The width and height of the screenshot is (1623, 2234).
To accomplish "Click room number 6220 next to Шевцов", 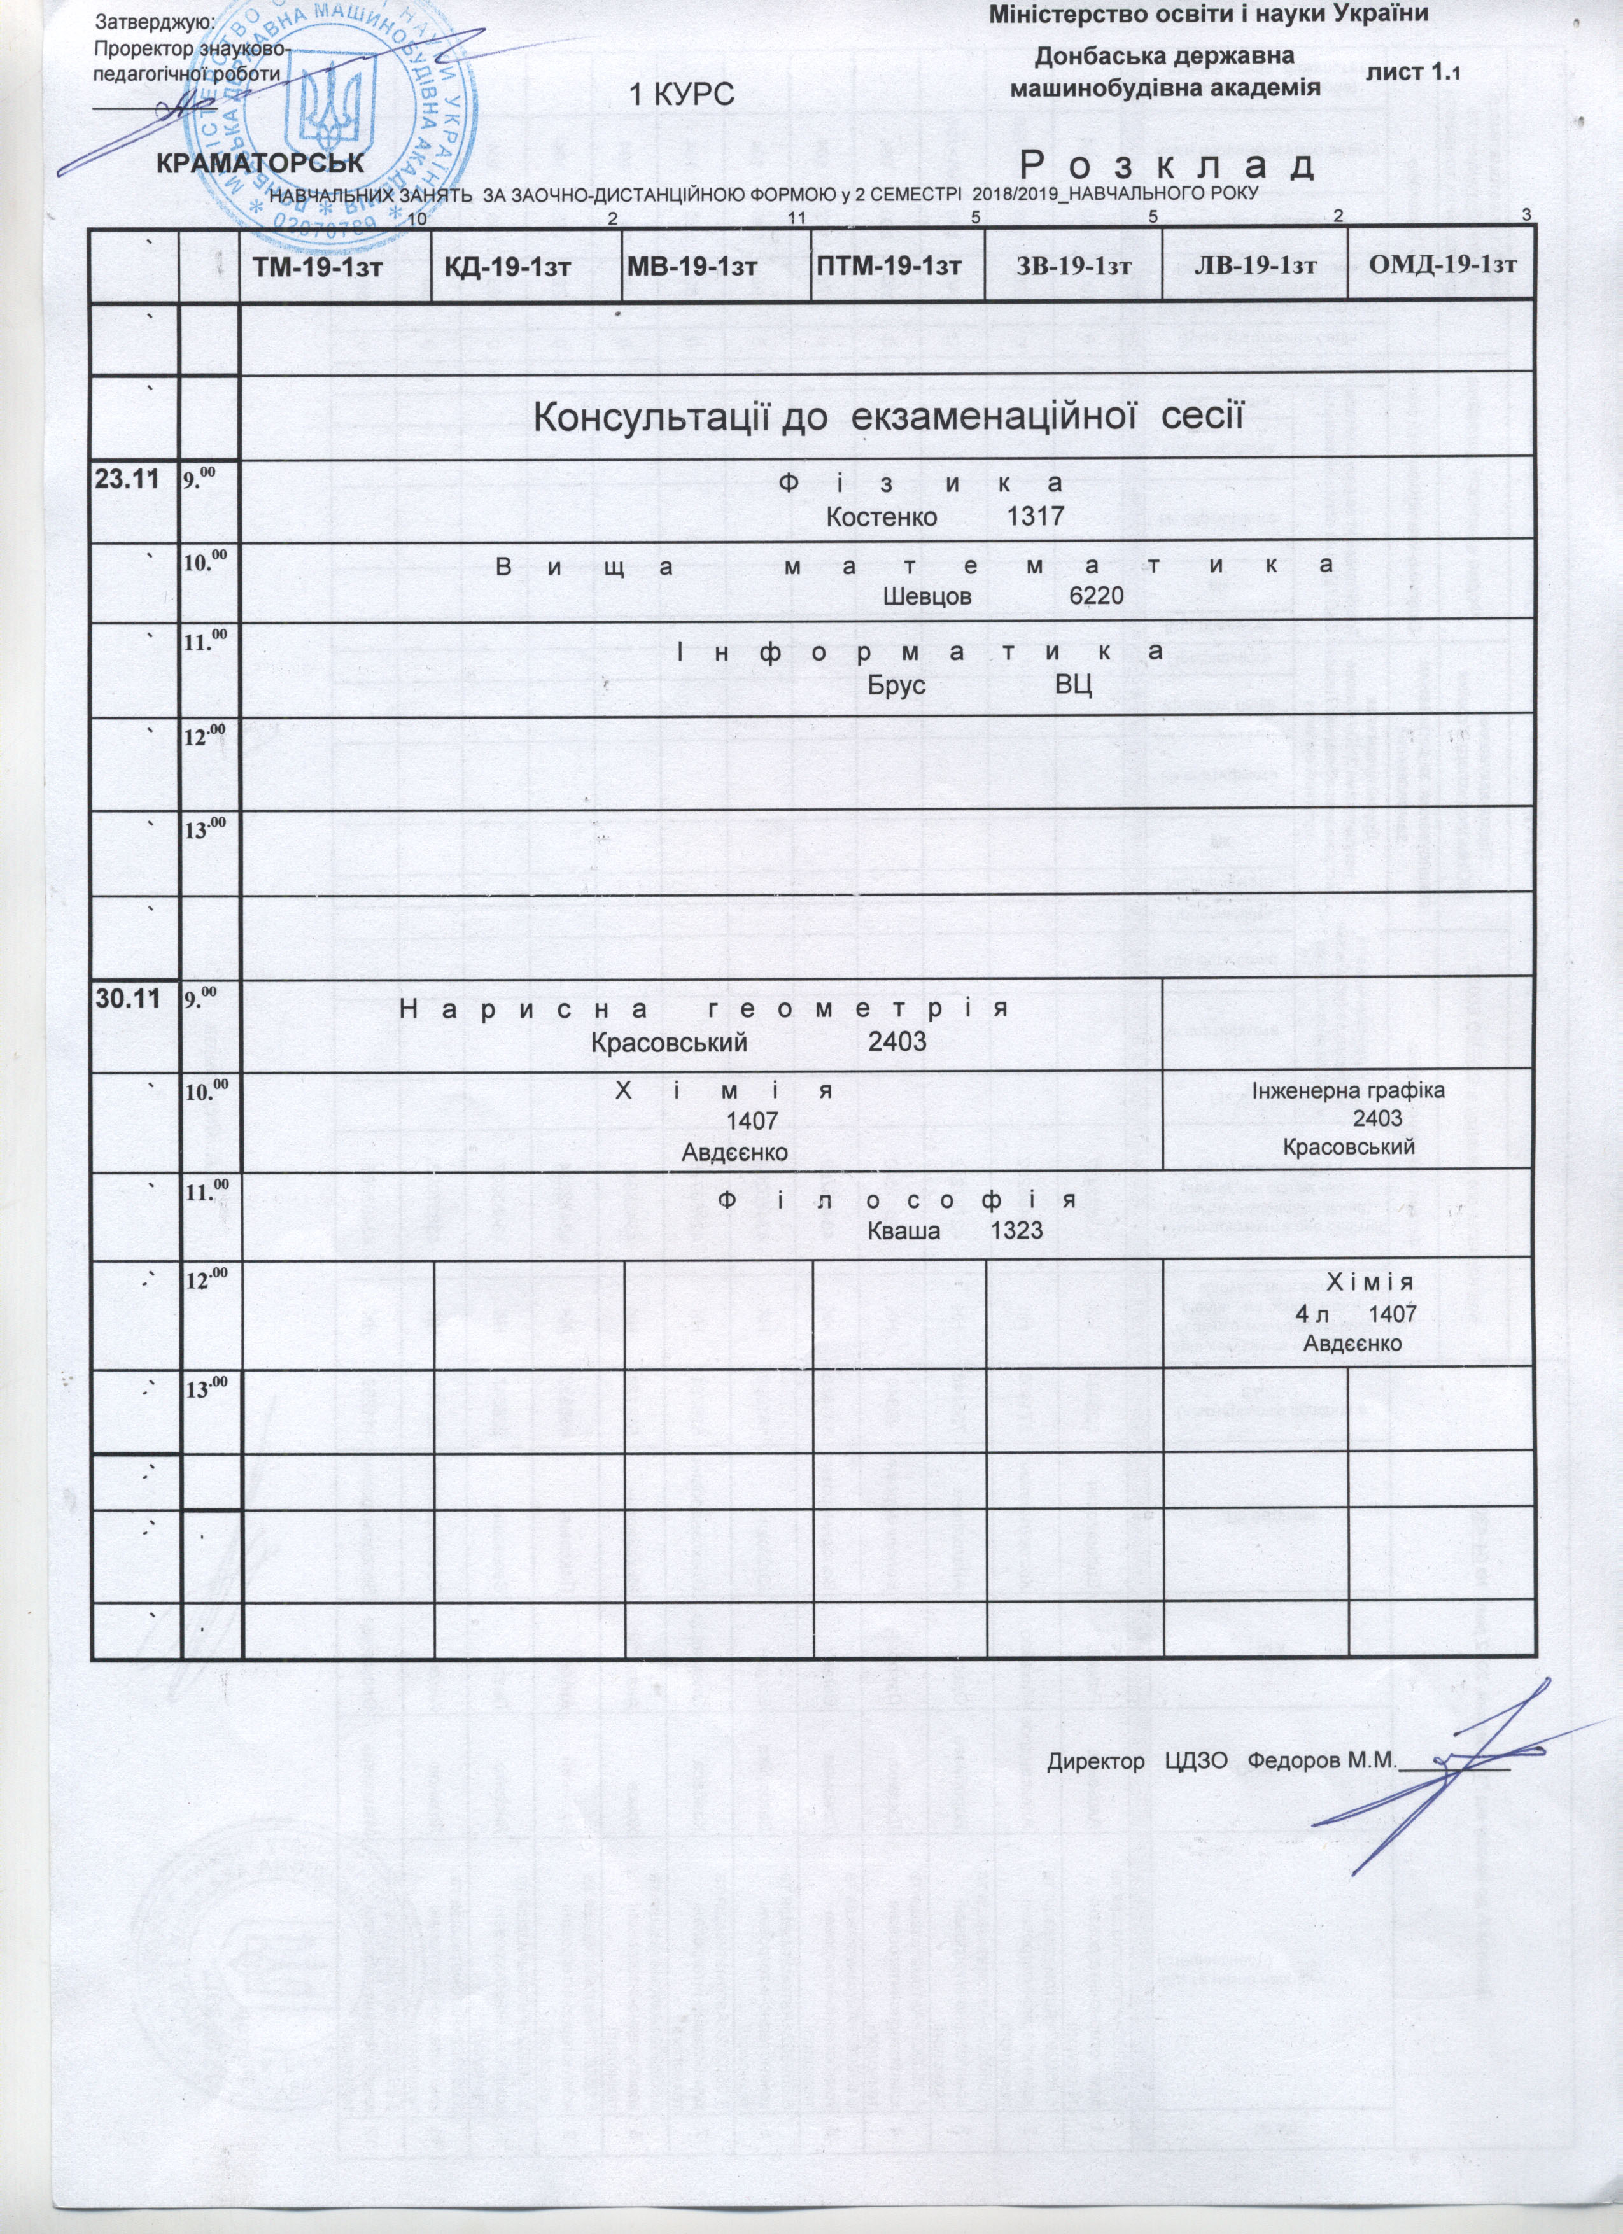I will click(x=1095, y=596).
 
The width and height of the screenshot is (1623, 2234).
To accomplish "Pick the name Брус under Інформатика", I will click(x=896, y=685).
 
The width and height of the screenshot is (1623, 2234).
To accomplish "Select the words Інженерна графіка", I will click(x=1348, y=1092).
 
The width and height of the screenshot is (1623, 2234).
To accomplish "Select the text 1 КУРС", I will click(x=682, y=95).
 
